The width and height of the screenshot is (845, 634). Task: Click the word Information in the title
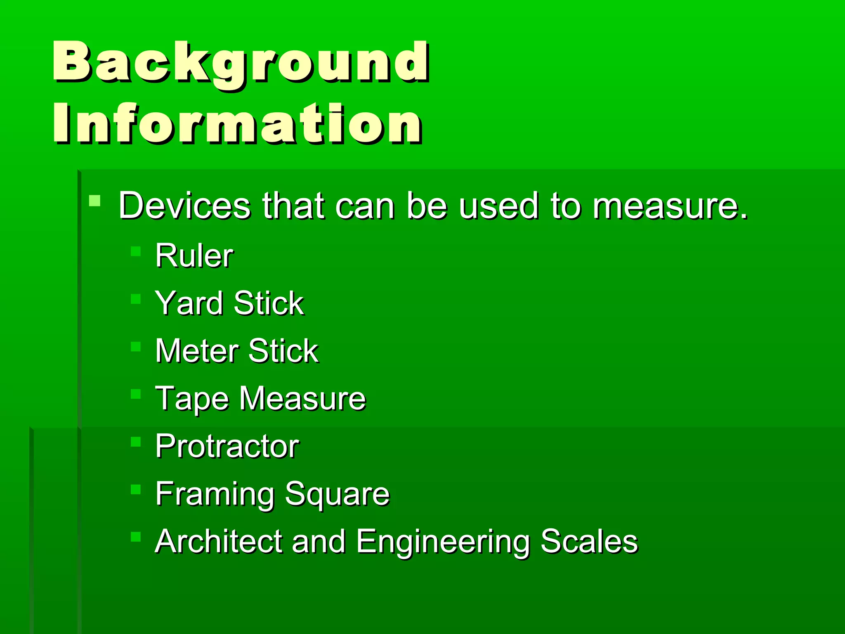(x=237, y=123)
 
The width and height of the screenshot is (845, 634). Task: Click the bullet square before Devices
(x=95, y=201)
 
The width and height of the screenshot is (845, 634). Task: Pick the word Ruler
(x=194, y=256)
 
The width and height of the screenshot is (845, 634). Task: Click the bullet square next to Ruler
(x=136, y=251)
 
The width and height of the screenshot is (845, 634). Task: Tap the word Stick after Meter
(x=283, y=351)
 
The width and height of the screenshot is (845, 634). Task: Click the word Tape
(x=192, y=399)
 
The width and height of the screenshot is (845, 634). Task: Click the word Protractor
(x=227, y=446)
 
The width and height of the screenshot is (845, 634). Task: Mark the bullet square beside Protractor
(x=136, y=442)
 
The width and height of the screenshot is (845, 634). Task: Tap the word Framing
(x=215, y=494)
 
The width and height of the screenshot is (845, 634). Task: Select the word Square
(x=337, y=494)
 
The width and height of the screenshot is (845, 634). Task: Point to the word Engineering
(x=443, y=542)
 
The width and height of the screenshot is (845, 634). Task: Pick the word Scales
(x=589, y=541)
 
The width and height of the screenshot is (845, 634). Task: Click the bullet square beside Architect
(x=136, y=537)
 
